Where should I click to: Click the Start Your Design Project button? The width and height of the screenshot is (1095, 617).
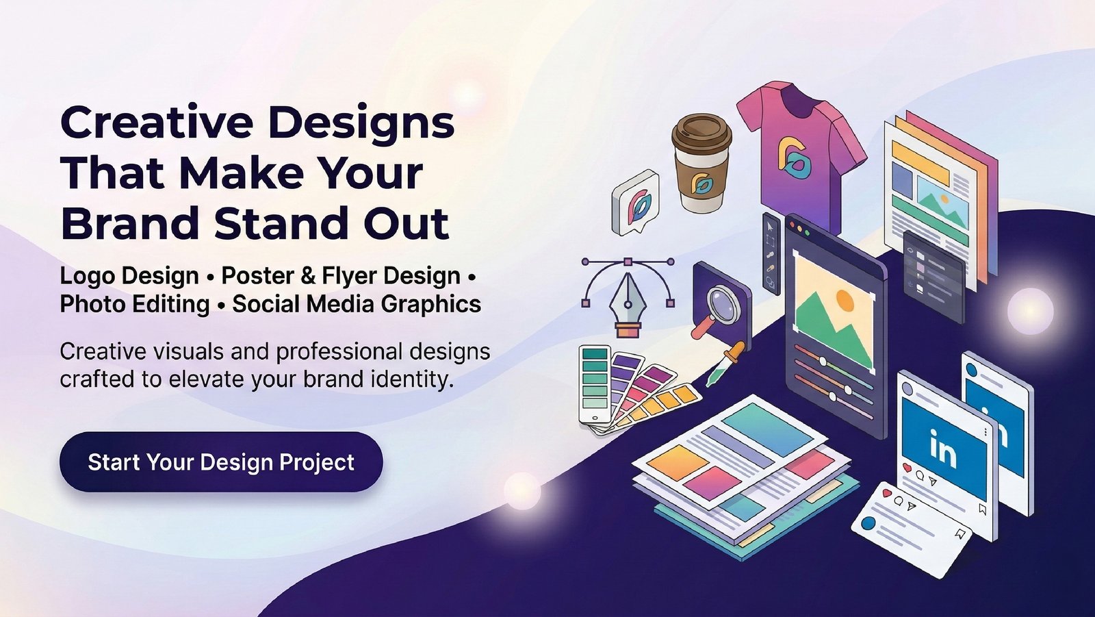[x=221, y=462]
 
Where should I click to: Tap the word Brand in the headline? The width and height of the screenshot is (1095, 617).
[x=130, y=223]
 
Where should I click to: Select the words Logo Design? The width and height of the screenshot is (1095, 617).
[x=129, y=277]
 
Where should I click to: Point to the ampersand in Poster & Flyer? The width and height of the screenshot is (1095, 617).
[x=308, y=276]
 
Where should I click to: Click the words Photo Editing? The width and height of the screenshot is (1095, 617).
[x=135, y=304]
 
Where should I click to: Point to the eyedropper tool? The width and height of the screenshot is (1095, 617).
[x=725, y=363]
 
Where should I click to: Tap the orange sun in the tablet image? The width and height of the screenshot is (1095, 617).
[x=845, y=300]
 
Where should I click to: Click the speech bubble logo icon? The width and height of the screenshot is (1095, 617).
[x=635, y=202]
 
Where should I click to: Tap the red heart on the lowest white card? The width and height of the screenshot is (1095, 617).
[x=887, y=494]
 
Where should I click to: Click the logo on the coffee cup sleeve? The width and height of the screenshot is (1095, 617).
[x=701, y=184]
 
